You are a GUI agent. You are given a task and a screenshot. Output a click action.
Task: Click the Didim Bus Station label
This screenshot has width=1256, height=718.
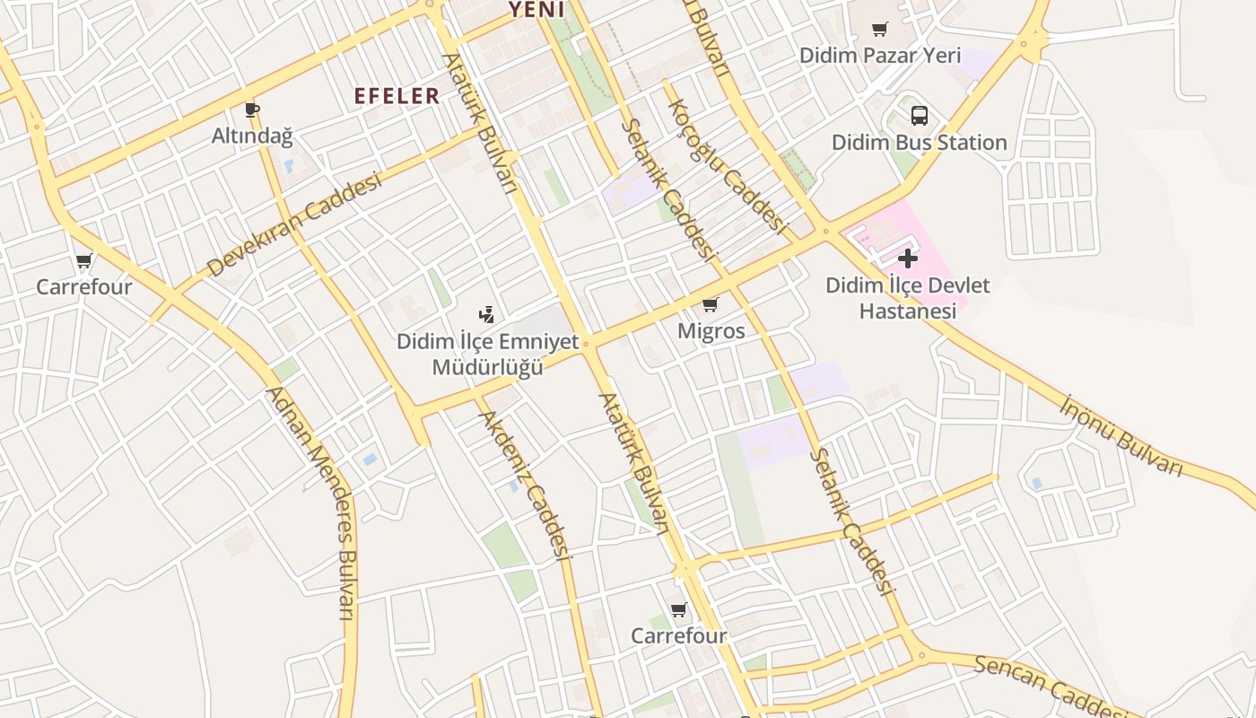pyautogui.click(x=919, y=143)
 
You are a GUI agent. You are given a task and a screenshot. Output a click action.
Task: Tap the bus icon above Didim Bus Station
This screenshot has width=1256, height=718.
pyautogui.click(x=920, y=116)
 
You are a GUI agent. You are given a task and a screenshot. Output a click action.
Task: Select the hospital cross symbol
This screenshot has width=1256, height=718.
pyautogui.click(x=908, y=259)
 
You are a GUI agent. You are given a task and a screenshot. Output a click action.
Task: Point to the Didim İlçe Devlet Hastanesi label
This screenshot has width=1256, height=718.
pyautogui.click(x=907, y=298)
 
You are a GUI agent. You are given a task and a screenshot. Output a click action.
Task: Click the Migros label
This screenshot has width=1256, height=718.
pyautogui.click(x=711, y=331)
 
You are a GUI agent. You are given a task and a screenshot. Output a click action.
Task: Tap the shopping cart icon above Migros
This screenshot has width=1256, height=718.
pyautogui.click(x=711, y=305)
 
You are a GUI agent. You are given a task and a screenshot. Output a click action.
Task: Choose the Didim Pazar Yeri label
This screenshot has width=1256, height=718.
pyautogui.click(x=879, y=56)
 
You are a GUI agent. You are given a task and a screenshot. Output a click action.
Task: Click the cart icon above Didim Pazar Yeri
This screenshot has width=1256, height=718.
pyautogui.click(x=880, y=30)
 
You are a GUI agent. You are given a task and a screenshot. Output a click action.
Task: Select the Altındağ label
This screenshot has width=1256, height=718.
pyautogui.click(x=252, y=136)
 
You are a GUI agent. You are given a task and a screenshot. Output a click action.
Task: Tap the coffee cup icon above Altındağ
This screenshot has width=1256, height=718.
pyautogui.click(x=252, y=110)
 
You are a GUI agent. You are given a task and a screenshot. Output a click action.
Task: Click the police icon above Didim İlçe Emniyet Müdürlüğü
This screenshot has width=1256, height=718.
pyautogui.click(x=486, y=314)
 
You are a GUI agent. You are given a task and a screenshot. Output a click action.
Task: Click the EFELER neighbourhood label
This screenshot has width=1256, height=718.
pyautogui.click(x=397, y=96)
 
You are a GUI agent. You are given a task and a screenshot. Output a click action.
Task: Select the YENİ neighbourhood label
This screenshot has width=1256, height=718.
pyautogui.click(x=536, y=10)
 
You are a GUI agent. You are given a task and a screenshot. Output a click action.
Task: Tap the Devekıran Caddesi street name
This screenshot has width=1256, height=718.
pyautogui.click(x=294, y=224)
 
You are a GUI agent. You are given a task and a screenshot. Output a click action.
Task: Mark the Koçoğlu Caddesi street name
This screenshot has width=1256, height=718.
pyautogui.click(x=726, y=166)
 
